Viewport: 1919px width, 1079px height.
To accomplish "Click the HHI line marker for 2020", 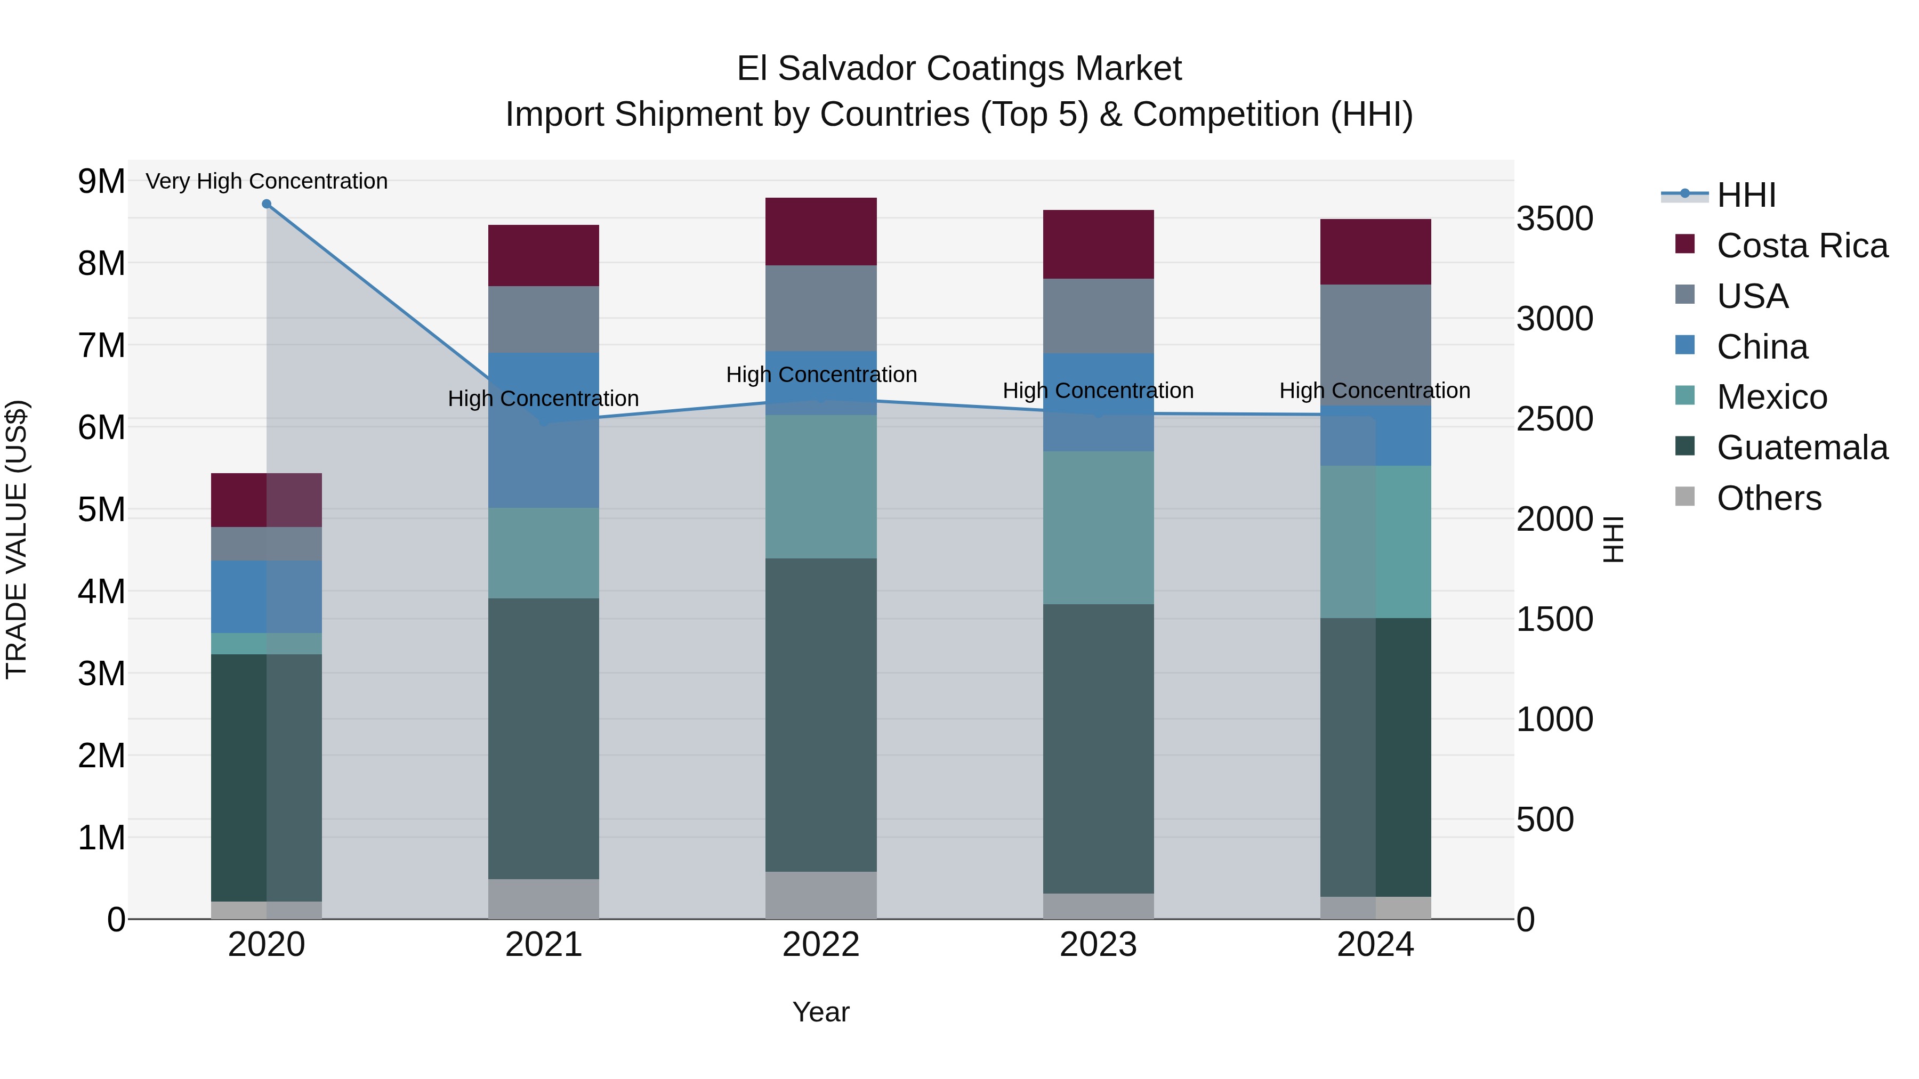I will pos(267,204).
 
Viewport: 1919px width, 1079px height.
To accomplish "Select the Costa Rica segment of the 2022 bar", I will pos(821,232).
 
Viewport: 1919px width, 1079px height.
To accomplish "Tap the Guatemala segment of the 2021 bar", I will pos(544,738).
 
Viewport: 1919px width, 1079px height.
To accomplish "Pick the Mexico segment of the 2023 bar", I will pos(1098,527).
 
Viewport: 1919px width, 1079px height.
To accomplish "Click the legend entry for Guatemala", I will pos(1801,448).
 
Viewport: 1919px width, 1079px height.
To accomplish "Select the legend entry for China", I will pos(1762,347).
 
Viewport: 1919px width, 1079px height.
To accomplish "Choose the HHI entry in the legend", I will pos(1745,195).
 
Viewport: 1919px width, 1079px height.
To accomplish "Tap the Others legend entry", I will pos(1769,498).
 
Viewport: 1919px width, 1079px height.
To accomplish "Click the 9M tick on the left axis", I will pos(102,181).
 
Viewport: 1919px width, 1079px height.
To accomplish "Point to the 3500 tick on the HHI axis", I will pos(1555,219).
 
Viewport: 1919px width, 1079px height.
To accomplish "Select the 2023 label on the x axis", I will pos(1098,945).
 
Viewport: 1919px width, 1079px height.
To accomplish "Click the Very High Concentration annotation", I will pos(267,181).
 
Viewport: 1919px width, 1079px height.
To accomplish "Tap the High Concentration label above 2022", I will pos(821,375).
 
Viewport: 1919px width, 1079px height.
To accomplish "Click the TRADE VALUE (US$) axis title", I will pos(17,539).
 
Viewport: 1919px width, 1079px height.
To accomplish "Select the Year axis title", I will pos(821,1012).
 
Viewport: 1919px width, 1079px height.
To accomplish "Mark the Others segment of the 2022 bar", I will pos(821,895).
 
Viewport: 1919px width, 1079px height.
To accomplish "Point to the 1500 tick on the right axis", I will pos(1555,620).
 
